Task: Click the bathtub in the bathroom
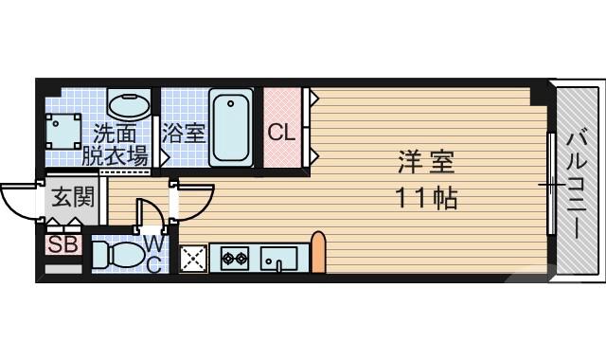230,128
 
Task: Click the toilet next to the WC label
118,256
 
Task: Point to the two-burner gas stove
235,257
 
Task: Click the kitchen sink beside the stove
278,257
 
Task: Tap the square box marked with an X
193,257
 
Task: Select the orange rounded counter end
318,252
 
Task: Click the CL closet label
281,132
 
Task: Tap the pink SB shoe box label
63,244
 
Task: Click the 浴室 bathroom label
183,133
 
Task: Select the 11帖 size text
425,199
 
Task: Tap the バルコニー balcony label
575,180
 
